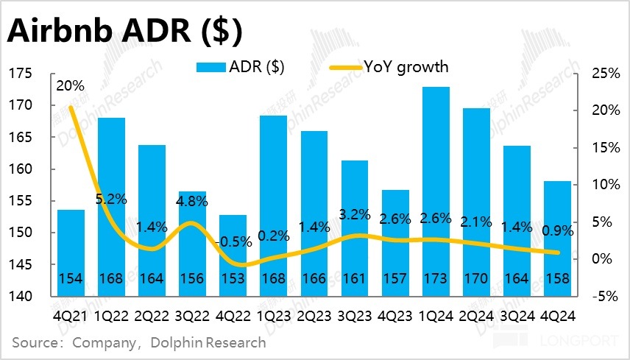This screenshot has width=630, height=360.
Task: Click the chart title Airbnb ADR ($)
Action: pos(125,32)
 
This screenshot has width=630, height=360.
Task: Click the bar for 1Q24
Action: pos(435,191)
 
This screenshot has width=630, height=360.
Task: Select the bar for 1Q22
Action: pos(110,206)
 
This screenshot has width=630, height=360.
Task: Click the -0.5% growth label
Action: pos(235,241)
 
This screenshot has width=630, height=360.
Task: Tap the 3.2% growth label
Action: pos(355,216)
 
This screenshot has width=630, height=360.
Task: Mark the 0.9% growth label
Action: pos(558,230)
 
